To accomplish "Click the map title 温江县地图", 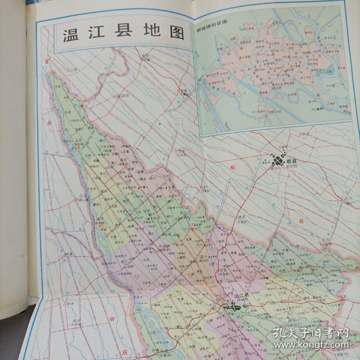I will coord(123,35).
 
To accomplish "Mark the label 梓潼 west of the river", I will coord(69,254).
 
